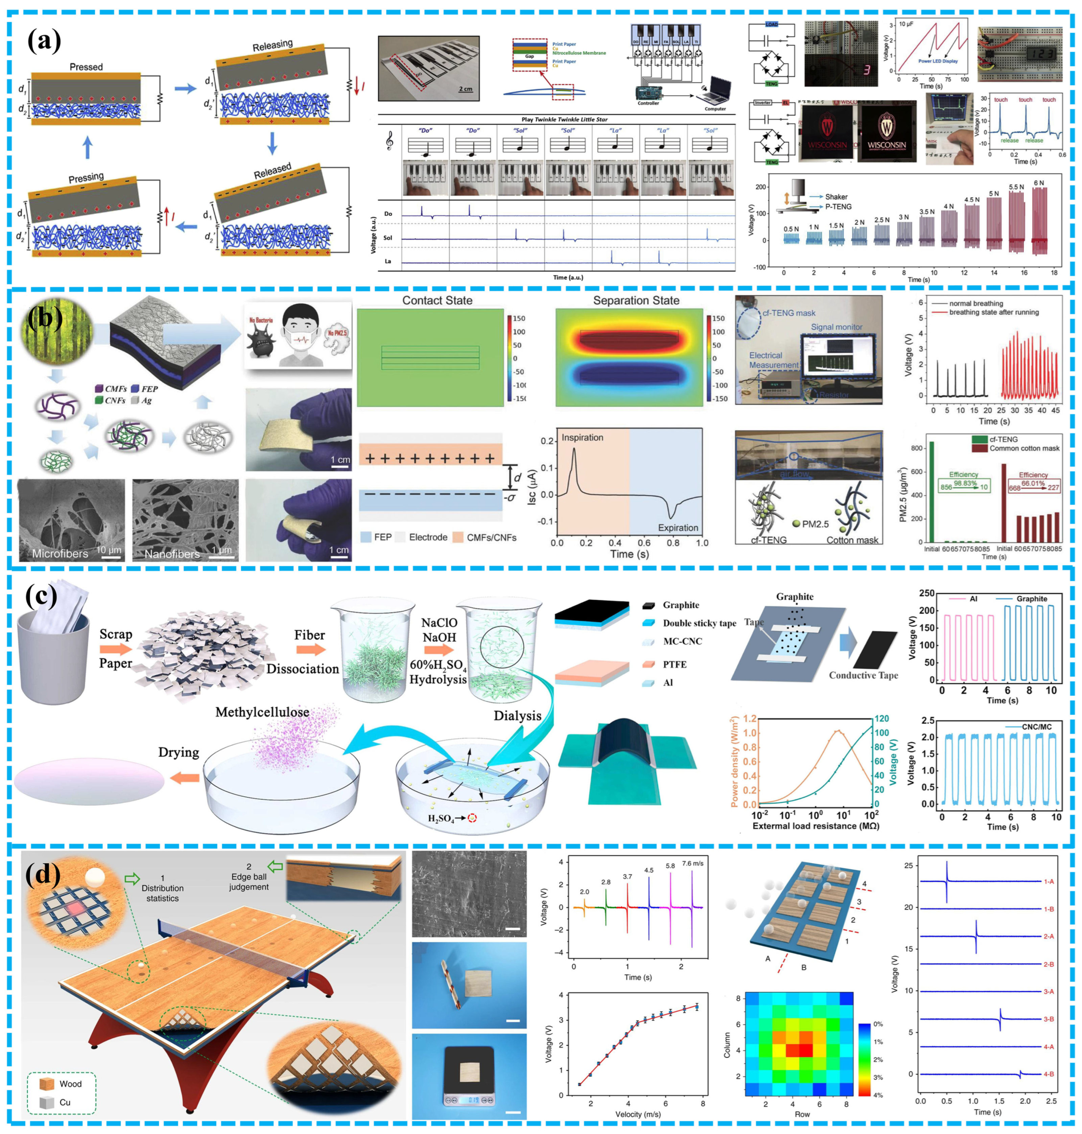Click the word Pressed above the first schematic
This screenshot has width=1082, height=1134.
point(86,67)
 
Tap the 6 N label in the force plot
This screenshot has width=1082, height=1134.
point(1038,184)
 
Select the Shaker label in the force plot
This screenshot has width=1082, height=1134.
point(836,197)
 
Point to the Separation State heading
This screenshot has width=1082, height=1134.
point(636,301)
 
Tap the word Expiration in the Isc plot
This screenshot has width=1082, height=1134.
point(678,528)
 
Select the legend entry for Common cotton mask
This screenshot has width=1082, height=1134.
point(1024,448)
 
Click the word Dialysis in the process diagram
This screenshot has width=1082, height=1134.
point(517,716)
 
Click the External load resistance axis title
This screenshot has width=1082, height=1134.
point(816,826)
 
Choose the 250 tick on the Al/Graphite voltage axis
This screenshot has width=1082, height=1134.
point(927,593)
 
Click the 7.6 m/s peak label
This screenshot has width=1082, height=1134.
point(692,864)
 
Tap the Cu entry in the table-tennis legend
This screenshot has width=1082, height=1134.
point(65,1102)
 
